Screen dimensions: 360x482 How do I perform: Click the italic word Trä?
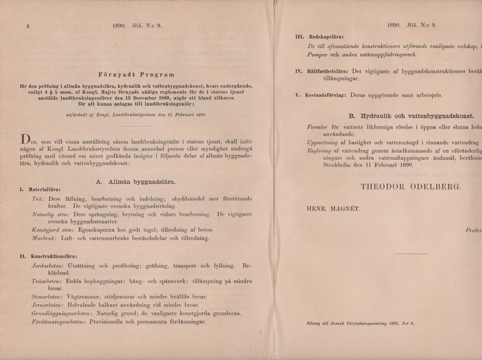(39, 198)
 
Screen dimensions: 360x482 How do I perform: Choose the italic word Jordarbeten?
(48, 266)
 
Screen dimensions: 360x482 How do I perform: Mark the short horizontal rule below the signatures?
(406, 253)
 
